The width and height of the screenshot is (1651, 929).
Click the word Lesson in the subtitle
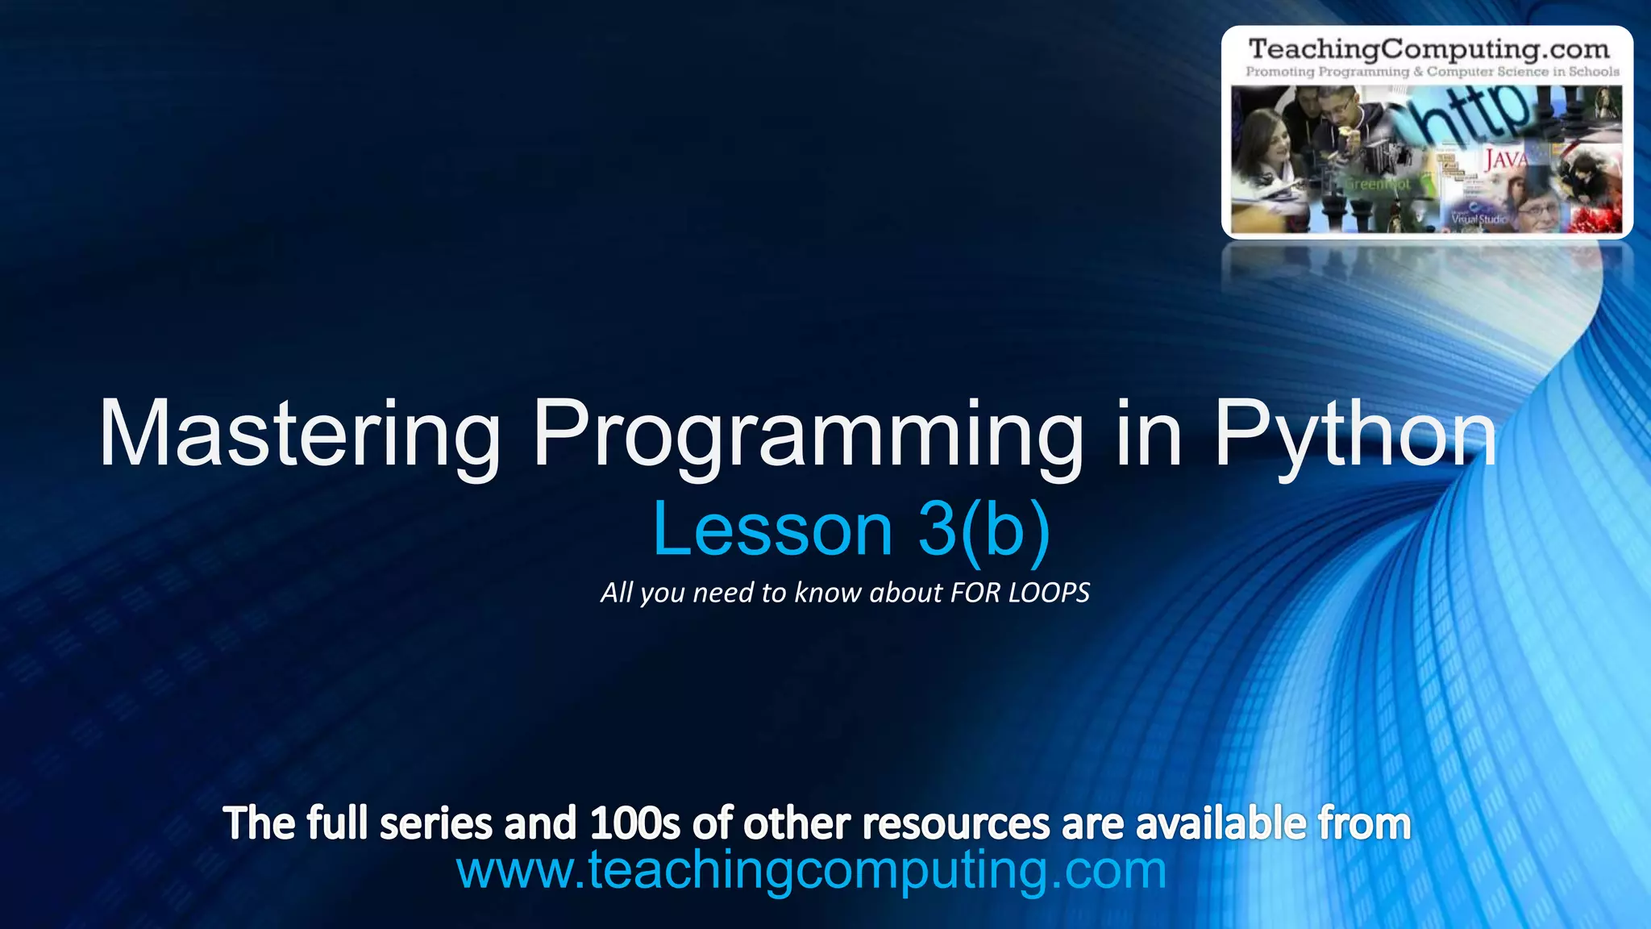772,530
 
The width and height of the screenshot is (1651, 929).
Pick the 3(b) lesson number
984,530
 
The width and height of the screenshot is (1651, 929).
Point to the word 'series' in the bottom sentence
435,823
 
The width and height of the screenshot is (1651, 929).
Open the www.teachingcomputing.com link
811,871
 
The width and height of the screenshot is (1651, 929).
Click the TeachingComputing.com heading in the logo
1429,49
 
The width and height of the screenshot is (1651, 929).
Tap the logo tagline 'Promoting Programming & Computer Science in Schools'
1432,72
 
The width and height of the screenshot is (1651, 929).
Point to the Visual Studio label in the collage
1478,219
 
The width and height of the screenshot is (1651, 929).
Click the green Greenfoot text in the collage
1379,185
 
